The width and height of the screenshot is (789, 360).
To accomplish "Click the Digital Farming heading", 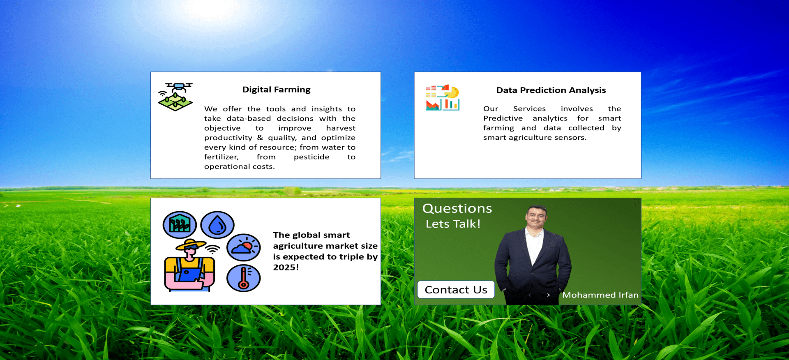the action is [276, 90].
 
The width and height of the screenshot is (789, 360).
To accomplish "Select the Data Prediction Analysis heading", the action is [551, 90].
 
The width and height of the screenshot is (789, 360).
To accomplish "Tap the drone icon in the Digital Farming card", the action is [175, 97].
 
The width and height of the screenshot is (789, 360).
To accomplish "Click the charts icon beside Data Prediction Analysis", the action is [442, 98].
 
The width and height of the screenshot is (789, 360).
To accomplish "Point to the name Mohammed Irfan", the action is [600, 295].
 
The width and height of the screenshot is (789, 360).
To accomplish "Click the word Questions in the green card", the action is [457, 208].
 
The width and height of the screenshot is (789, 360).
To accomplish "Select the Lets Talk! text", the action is [453, 224].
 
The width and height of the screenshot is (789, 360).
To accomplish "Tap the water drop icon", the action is [217, 225].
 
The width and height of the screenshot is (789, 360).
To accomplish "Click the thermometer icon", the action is [244, 278].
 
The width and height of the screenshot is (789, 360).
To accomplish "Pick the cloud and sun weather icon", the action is [244, 248].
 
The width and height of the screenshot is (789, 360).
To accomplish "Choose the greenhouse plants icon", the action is [180, 225].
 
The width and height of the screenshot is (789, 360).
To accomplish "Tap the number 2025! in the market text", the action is [286, 268].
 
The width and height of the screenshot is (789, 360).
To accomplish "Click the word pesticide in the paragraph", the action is [311, 157].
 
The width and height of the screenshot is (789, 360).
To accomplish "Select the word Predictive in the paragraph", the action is [503, 118].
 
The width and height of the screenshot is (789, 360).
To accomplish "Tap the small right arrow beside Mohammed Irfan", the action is [548, 295].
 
